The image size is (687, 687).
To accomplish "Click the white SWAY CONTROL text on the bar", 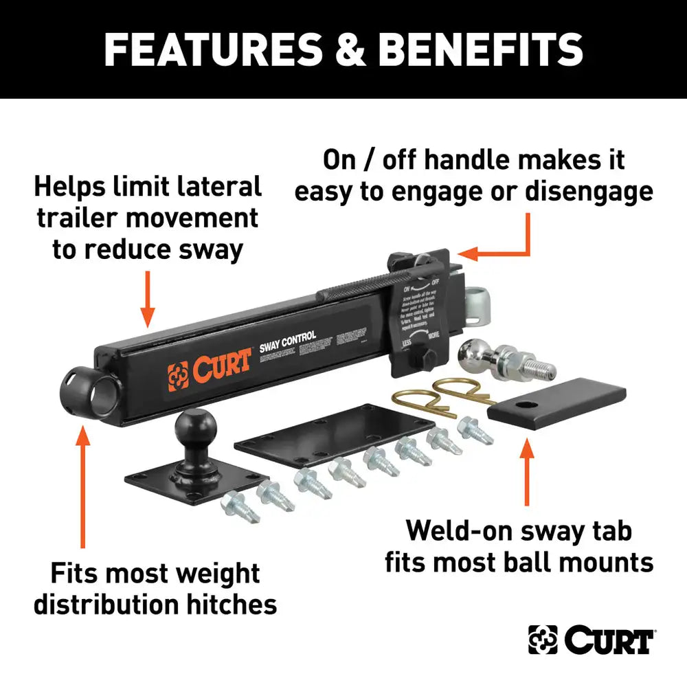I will coord(288,337).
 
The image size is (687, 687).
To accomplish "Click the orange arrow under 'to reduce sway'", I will coord(147,299).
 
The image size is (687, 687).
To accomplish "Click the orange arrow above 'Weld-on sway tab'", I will coord(527,474).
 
